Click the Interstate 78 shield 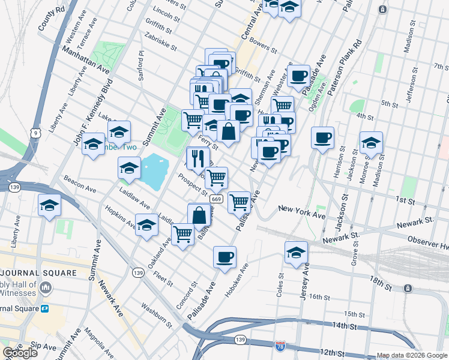[x=280, y=346]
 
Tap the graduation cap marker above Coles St [x=296, y=251]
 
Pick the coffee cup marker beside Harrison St [x=322, y=137]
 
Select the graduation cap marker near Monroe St [x=371, y=142]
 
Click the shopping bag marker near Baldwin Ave [x=199, y=214]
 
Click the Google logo [x=20, y=353]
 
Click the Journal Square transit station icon [x=45, y=308]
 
